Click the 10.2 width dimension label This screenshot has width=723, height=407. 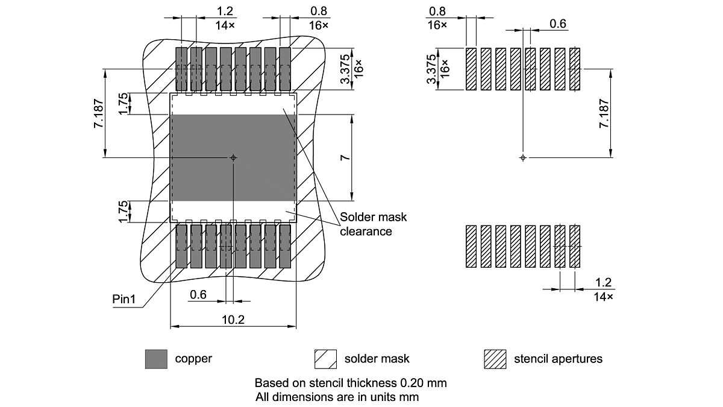[x=233, y=320]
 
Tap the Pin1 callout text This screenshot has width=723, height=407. [x=124, y=299]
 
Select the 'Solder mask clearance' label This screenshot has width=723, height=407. [x=366, y=224]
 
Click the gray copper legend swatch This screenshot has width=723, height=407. [x=156, y=359]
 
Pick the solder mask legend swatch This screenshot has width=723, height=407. [x=325, y=359]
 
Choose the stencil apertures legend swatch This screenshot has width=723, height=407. [x=495, y=359]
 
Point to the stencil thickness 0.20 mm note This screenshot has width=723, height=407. [x=351, y=383]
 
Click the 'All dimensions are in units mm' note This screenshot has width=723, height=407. [x=337, y=397]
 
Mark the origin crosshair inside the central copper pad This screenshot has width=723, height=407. [x=234, y=157]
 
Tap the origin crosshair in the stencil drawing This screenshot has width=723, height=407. [x=523, y=157]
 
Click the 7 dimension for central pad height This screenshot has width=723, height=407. [x=344, y=157]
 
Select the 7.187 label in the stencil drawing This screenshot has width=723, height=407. [x=603, y=113]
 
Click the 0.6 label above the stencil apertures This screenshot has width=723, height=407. [x=558, y=24]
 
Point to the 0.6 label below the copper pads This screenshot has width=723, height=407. [x=198, y=295]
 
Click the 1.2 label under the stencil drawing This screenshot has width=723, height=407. [x=603, y=282]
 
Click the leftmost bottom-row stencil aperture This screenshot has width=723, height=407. [x=471, y=247]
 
